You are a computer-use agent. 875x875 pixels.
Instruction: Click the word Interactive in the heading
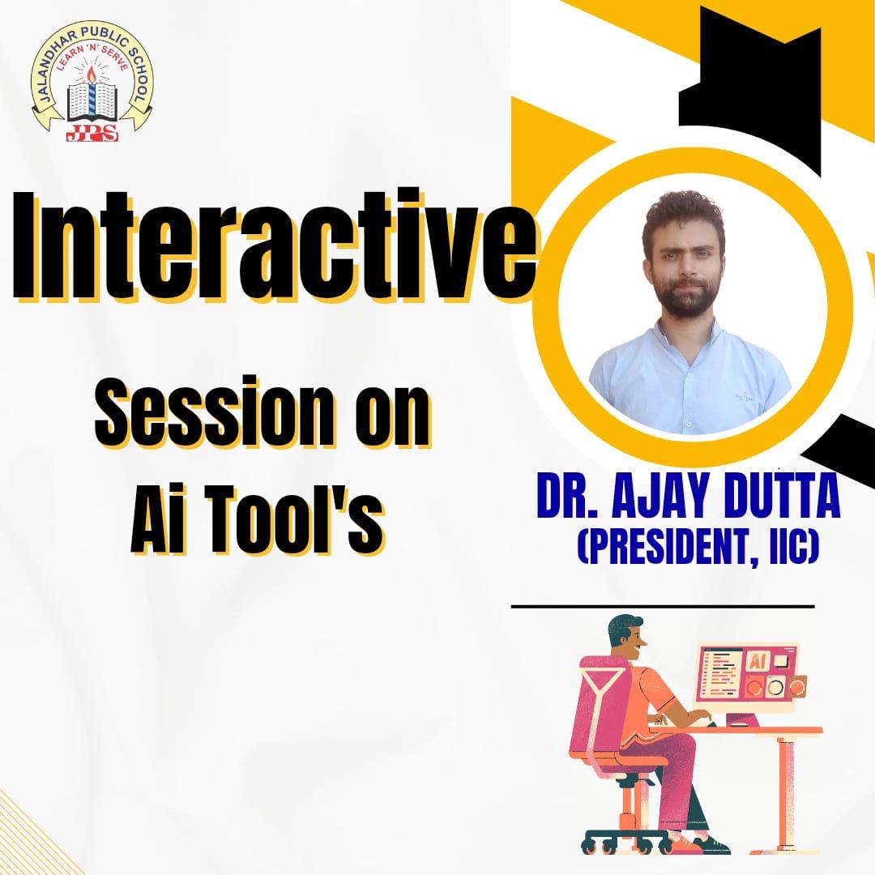pos(272,245)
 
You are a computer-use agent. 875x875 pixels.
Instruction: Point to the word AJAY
pos(652,496)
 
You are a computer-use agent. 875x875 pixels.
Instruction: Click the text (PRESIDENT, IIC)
pos(698,546)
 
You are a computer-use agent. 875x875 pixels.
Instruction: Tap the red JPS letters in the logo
pos(92,133)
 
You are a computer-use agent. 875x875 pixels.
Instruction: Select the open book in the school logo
pos(92,102)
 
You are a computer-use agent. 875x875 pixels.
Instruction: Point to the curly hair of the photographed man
pos(684,215)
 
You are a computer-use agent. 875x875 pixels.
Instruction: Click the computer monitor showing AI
pos(748,672)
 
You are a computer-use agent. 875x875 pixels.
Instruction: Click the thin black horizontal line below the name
pos(663,606)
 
